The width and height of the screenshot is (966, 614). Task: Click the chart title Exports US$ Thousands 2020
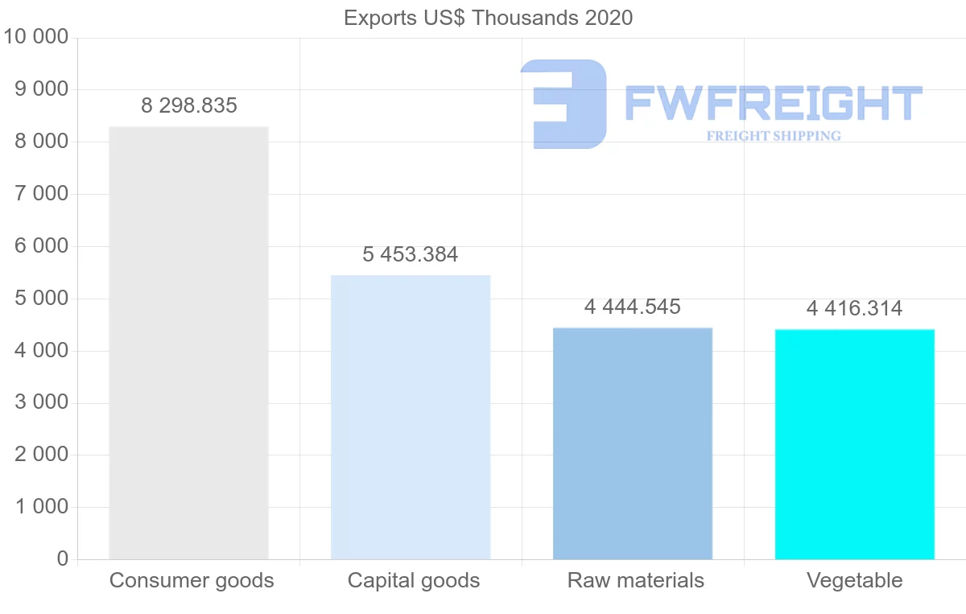488,17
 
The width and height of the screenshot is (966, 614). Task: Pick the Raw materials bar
633,443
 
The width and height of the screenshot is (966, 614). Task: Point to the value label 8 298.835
189,105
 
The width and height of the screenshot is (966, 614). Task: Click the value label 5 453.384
411,254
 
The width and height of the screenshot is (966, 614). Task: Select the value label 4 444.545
633,307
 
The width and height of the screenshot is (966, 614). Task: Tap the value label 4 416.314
855,308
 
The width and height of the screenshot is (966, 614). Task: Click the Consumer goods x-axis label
192,580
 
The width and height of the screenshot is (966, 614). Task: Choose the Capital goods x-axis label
414,580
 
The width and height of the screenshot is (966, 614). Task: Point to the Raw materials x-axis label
636,580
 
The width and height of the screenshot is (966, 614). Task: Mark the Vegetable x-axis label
855,580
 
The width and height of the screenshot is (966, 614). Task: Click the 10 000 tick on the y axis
36,37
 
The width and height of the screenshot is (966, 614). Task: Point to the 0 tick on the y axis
63,558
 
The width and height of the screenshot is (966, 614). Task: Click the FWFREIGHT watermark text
773,104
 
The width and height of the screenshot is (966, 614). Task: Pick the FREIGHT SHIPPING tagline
774,136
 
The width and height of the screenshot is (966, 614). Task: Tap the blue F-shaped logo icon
563,104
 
